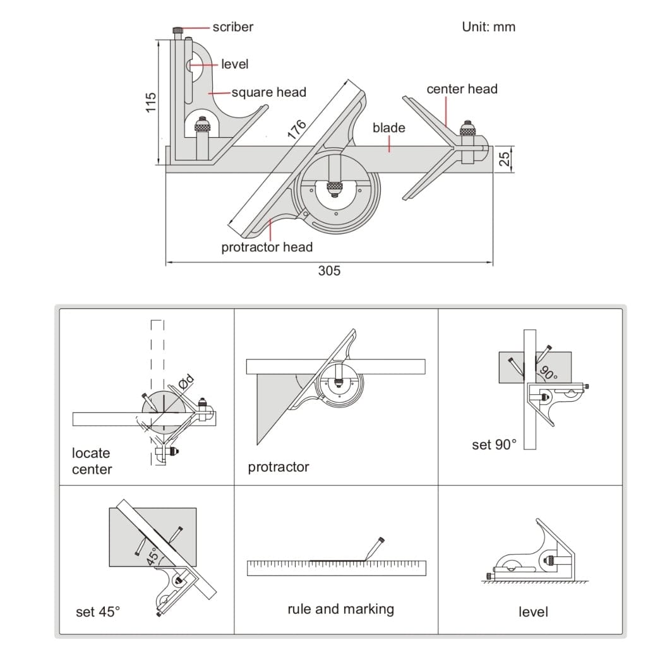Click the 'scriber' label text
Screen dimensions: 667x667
pos(232,27)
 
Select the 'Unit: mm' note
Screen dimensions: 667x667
pos(488,27)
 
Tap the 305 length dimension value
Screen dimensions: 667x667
pos(328,271)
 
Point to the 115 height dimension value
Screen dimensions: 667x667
pos(150,102)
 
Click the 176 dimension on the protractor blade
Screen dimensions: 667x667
pos(296,129)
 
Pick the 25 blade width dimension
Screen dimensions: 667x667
pos(504,159)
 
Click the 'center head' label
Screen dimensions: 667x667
pos(462,89)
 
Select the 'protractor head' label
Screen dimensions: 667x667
pos(267,247)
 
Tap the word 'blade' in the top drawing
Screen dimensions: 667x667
pos(388,128)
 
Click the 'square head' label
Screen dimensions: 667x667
pos(268,92)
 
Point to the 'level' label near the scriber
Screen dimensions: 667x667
pos(234,64)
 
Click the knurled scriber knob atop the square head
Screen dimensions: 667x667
pos(178,30)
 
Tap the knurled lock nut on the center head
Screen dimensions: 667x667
pos(467,129)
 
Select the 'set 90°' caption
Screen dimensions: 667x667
pos(494,445)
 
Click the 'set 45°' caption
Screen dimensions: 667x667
pos(98,611)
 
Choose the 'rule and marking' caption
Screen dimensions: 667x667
pos(340,609)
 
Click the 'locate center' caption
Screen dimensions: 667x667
pos(92,461)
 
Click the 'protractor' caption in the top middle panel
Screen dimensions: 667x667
pos(279,467)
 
